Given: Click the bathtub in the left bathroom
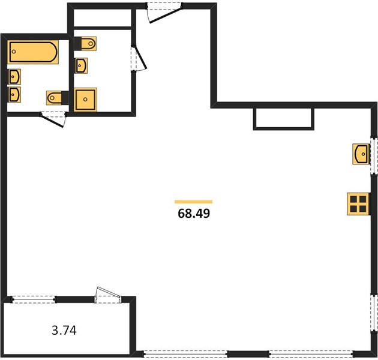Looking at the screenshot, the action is tap(33, 52).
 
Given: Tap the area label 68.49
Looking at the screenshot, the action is tap(194, 214).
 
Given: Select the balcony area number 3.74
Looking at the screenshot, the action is tap(64, 330).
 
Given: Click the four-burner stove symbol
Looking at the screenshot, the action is tap(358, 204).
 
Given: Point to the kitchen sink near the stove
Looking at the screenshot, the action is tap(361, 154).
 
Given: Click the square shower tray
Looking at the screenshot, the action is tap(85, 100).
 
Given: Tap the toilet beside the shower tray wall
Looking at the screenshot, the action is tap(58, 98).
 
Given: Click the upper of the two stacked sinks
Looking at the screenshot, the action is tap(14, 77).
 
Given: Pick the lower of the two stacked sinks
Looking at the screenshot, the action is tap(14, 95).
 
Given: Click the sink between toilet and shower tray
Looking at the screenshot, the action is tap(81, 65).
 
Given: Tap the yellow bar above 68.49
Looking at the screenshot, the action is tap(194, 202).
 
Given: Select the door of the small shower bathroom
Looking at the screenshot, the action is tap(139, 58).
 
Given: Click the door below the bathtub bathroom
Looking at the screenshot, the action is tap(53, 119).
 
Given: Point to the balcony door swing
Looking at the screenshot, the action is tap(108, 295).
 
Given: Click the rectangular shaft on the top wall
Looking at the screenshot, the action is tap(284, 119).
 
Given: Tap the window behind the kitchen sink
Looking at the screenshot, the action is tap(374, 155).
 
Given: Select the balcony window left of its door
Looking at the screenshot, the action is tap(34, 299).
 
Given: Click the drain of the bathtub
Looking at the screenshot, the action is tap(14, 52).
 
